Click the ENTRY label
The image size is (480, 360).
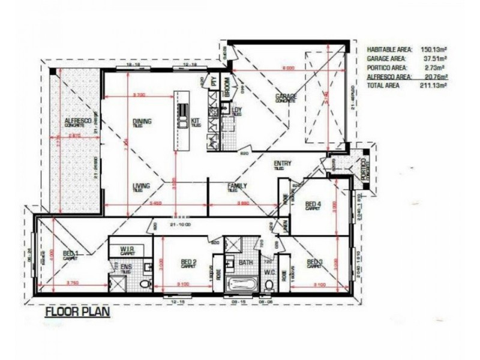[282, 164]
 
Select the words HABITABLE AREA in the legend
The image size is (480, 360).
[389, 50]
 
